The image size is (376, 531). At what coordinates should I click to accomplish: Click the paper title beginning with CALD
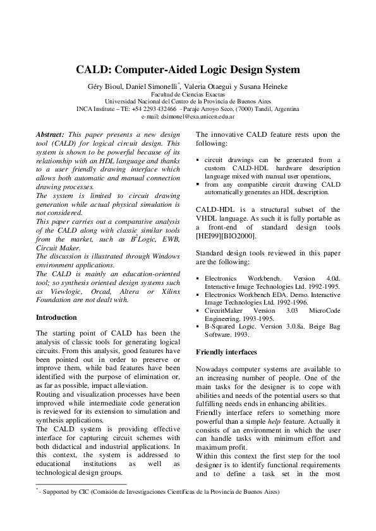point(188,69)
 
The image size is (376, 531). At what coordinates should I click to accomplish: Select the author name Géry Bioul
point(103,85)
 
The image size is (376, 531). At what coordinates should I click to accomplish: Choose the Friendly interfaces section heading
point(226,351)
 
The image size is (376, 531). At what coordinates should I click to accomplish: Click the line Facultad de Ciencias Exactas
point(188,93)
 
